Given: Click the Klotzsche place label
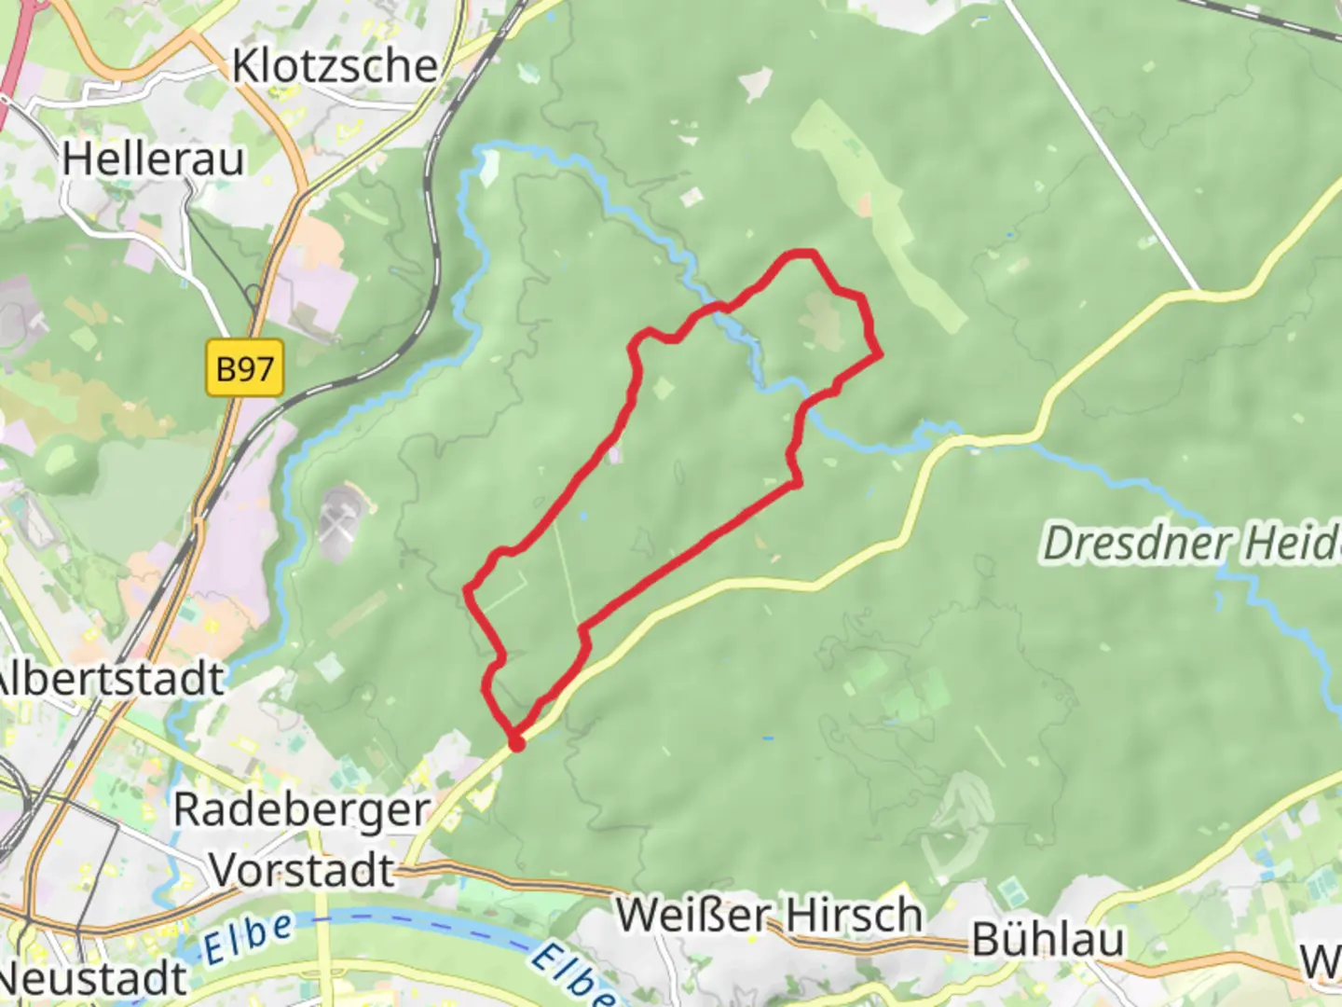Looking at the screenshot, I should click(335, 66).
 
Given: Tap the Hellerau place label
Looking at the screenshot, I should click(154, 159).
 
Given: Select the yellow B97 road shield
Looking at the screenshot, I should click(244, 368).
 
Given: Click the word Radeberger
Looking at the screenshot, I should click(301, 810).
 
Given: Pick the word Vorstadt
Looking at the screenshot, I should click(303, 871).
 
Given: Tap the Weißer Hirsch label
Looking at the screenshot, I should click(769, 915).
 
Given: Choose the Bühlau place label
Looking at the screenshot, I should click(1048, 940).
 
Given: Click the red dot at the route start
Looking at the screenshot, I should click(516, 743).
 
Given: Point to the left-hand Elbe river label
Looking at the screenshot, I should click(249, 937).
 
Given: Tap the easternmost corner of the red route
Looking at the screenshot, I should click(879, 354).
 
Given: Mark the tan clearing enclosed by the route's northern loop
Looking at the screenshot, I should click(824, 322).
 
